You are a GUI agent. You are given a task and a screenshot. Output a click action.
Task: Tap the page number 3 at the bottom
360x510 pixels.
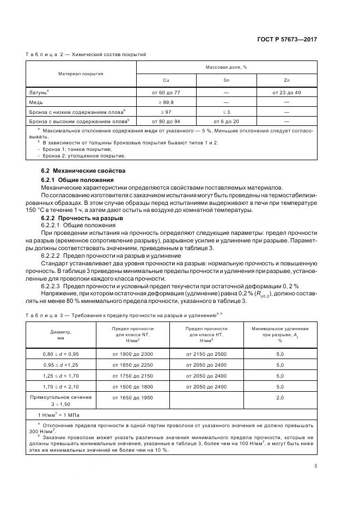316,465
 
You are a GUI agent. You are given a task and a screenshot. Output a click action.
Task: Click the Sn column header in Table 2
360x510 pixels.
226,80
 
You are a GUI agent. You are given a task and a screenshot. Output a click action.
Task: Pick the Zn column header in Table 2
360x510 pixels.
286,80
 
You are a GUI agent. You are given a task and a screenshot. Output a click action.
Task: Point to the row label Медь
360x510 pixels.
36,102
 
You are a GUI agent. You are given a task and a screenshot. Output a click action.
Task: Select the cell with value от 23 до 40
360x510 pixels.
286,93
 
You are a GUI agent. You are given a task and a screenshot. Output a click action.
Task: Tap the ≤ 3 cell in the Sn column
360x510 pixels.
226,111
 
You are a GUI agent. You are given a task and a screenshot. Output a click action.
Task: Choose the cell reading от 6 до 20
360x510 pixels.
226,120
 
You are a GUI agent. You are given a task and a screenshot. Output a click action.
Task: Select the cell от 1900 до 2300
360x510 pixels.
133,354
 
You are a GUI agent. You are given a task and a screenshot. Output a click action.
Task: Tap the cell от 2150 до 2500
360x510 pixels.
206,354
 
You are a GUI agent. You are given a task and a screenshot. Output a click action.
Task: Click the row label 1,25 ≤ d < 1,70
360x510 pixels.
61,376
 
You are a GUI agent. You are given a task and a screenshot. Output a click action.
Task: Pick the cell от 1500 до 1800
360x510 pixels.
133,387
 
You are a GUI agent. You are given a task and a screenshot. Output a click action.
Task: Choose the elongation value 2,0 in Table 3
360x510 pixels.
280,398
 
